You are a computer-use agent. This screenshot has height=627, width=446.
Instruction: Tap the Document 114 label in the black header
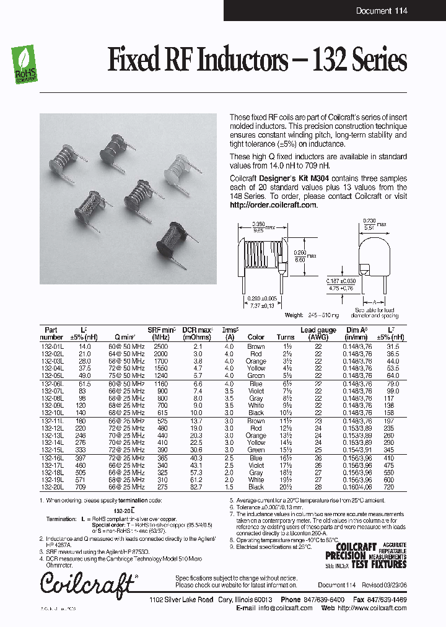click(x=382, y=11)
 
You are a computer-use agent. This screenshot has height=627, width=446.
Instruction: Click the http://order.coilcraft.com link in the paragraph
click(x=273, y=205)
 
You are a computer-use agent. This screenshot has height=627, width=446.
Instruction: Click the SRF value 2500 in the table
click(x=161, y=346)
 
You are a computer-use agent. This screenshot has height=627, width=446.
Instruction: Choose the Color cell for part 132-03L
click(x=256, y=361)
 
